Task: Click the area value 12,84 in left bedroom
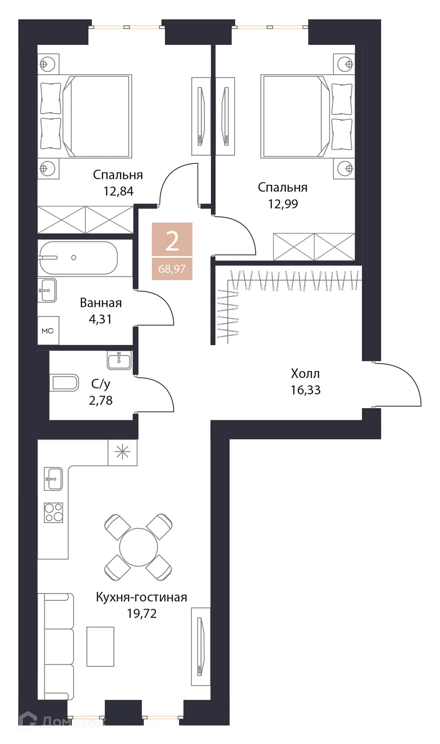tap(118, 191)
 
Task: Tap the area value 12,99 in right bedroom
tap(283, 204)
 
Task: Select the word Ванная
tap(101, 303)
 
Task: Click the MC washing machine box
tap(48, 331)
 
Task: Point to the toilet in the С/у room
tap(64, 383)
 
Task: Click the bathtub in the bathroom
tap(78, 258)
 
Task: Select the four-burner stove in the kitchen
tap(53, 512)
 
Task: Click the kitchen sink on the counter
tap(53, 479)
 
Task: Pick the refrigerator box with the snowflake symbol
tap(122, 453)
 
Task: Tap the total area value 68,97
tap(172, 269)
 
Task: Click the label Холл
tap(305, 374)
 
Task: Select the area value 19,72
tap(142, 614)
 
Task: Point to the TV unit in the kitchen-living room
tap(200, 646)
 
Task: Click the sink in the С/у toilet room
tap(119, 361)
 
